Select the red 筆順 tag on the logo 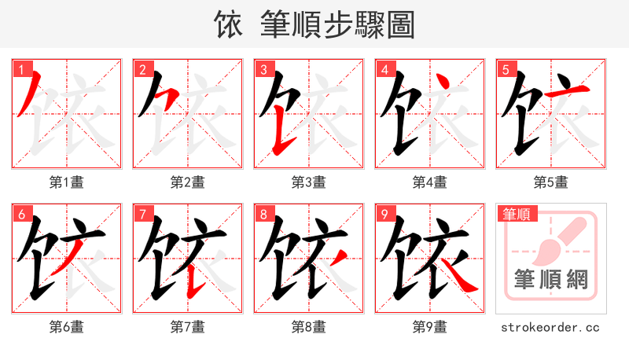[x=516, y=214]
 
